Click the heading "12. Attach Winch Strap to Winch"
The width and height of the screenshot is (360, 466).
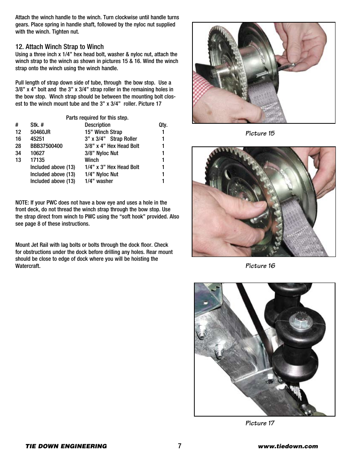tap(59, 47)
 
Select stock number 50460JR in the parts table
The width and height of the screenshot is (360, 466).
tap(40, 132)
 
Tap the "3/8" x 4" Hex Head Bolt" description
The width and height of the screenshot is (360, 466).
tap(112, 146)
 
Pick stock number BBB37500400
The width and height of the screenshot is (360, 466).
tap(46, 146)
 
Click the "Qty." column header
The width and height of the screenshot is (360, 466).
tap(163, 125)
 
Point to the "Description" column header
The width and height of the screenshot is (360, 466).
tap(97, 125)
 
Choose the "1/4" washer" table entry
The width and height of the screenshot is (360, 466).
tap(99, 181)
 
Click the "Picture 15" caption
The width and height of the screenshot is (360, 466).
tap(260, 133)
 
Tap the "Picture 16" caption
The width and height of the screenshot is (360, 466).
tap(260, 266)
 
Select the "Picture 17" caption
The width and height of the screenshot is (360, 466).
tap(260, 423)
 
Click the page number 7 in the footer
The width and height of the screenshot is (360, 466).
tap(180, 446)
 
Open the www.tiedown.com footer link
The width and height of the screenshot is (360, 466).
tap(288, 446)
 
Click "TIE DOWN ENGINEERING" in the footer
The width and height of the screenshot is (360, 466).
tap(66, 446)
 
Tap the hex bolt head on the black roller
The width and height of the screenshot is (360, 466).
tap(297, 323)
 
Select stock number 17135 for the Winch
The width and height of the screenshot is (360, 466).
tap(37, 160)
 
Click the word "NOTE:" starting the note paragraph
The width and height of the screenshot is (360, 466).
tap(22, 203)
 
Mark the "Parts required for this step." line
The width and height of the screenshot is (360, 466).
tap(97, 118)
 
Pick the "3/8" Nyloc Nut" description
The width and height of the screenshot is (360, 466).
tap(101, 153)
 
